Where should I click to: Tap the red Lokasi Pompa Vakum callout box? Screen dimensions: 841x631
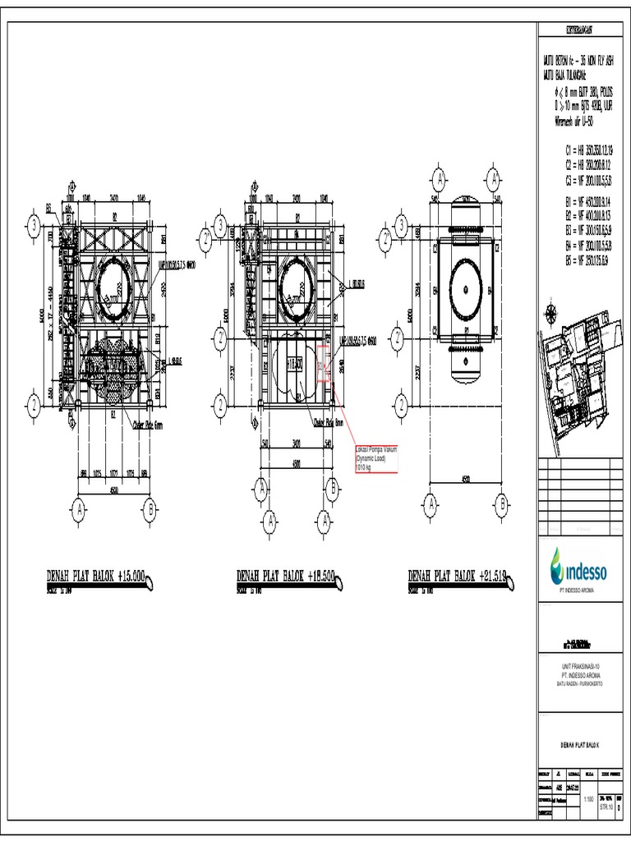(x=375, y=459)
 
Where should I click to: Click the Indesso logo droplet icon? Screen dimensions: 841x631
(x=559, y=563)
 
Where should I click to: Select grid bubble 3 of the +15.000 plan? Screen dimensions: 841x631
(x=35, y=224)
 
